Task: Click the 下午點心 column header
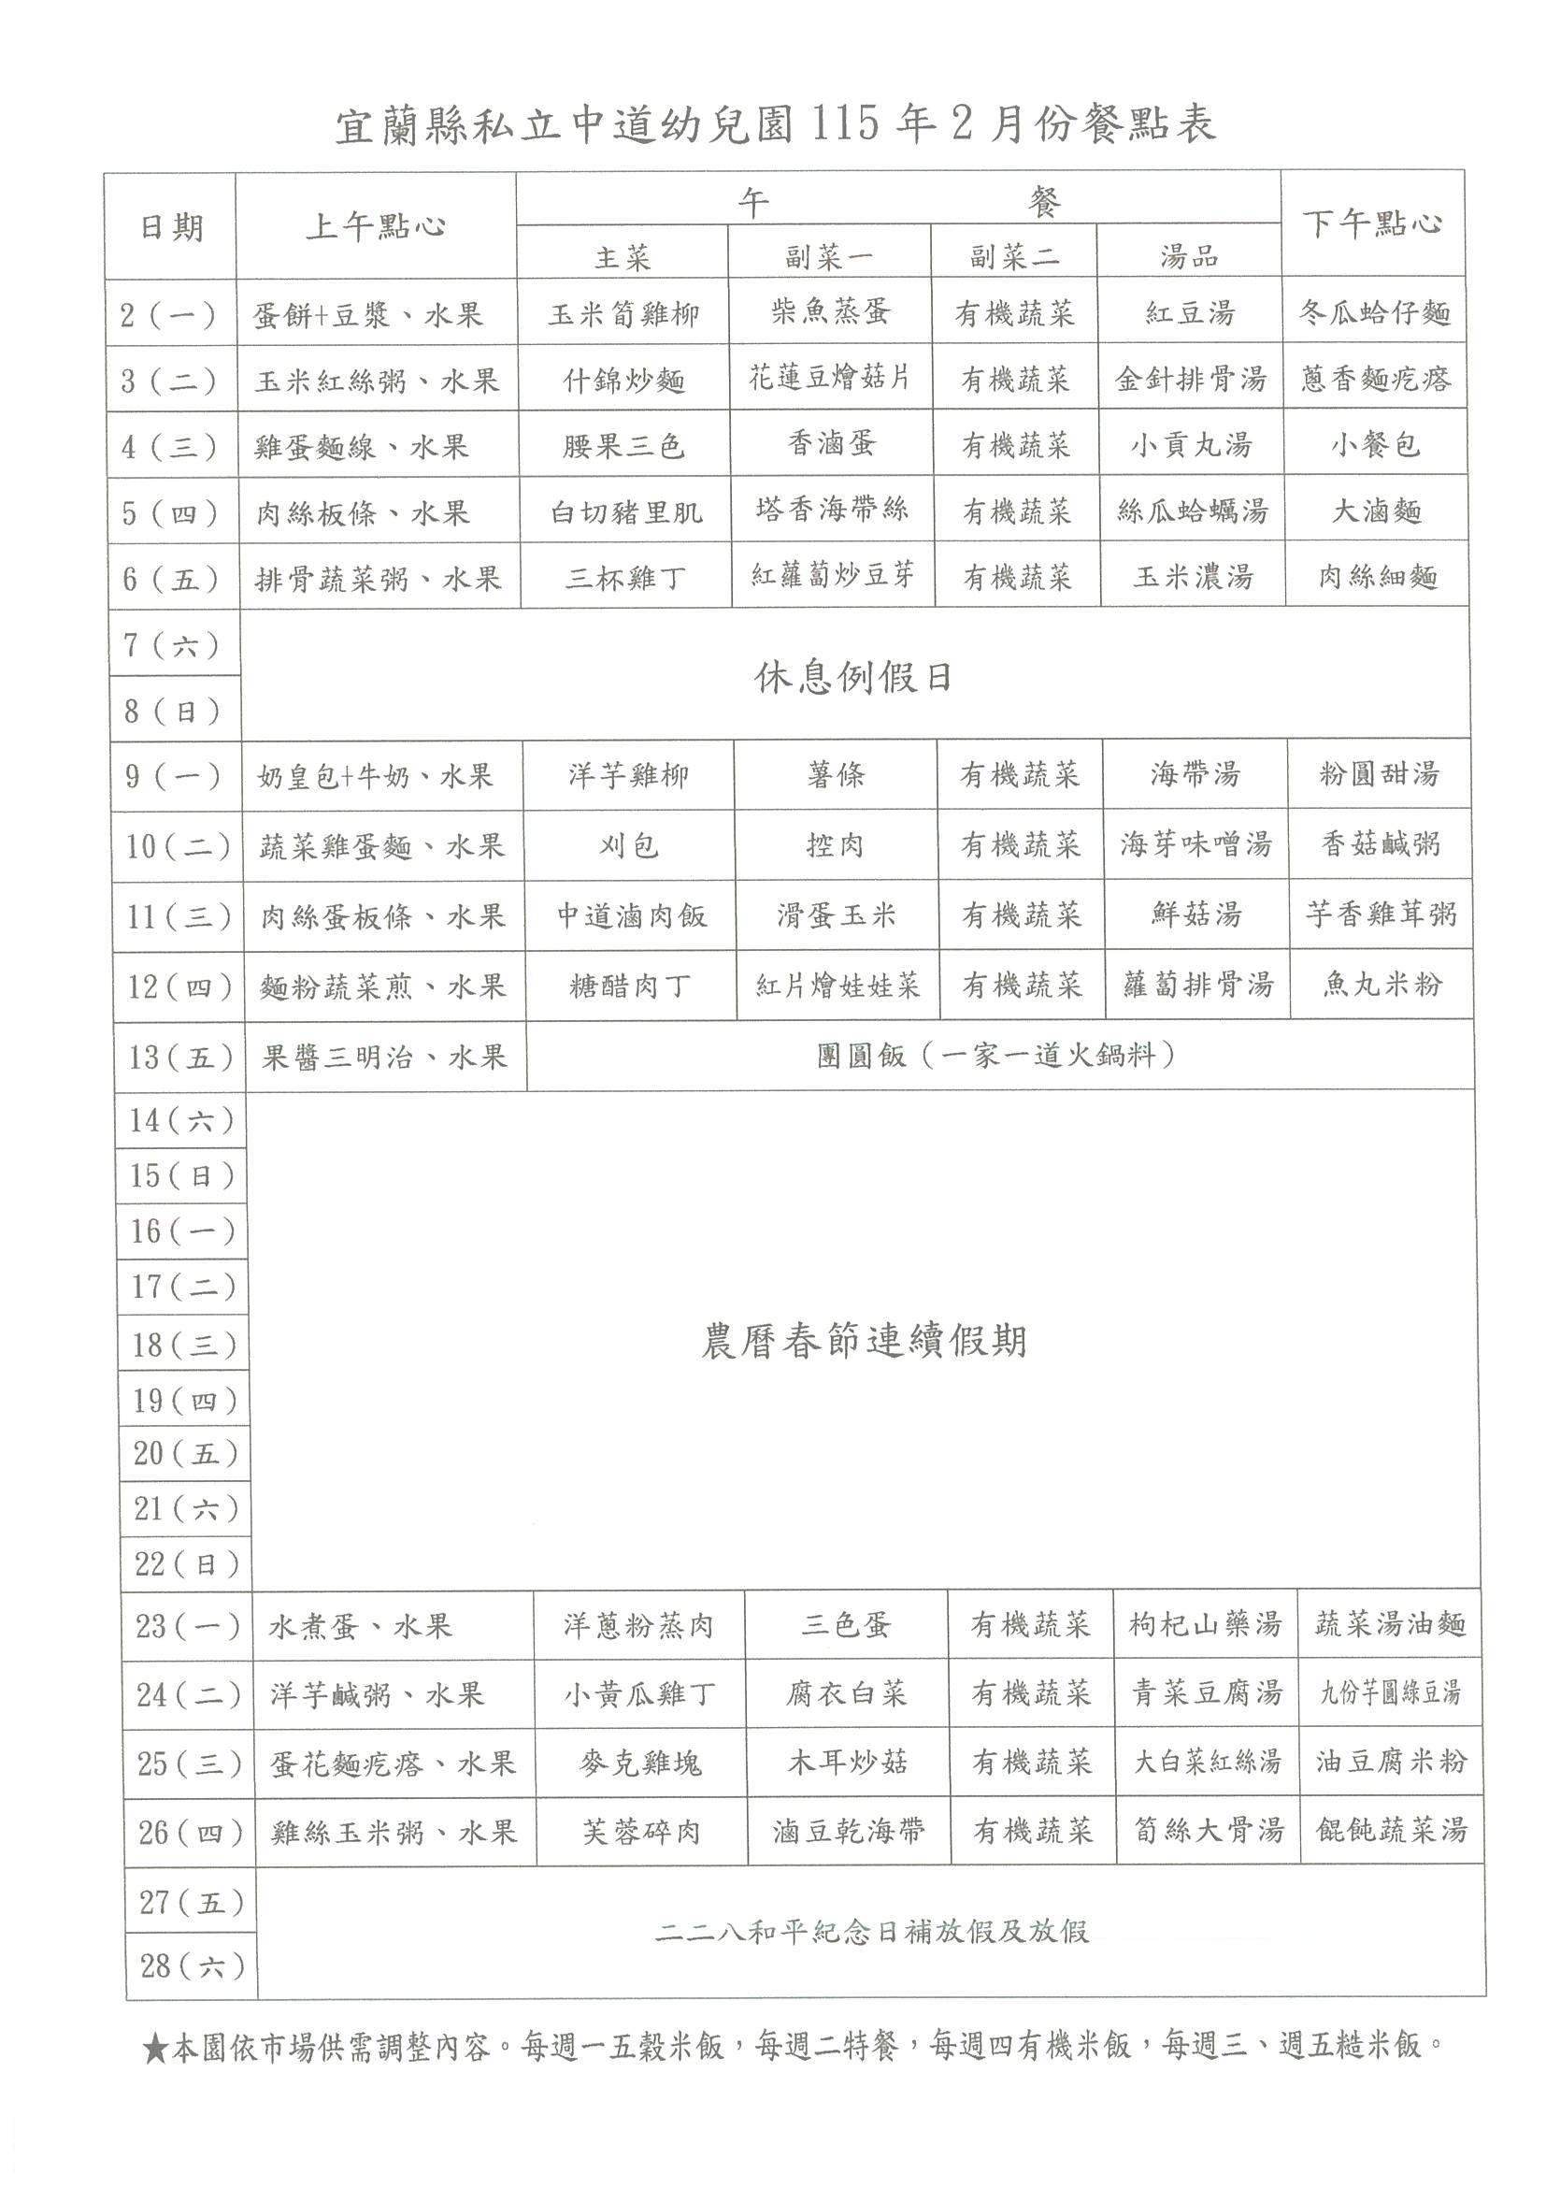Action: pos(1372,224)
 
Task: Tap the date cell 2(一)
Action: pos(168,314)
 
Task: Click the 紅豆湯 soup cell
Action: pos(1190,312)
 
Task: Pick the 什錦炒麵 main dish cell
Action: pos(624,381)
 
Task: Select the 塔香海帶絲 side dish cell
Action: pos(832,509)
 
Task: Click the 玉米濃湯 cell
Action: pos(1193,577)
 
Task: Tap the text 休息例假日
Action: pos(853,678)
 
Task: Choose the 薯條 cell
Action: pos(836,775)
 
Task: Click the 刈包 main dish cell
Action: pos(628,845)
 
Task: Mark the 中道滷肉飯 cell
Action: pos(632,915)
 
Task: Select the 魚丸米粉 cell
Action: pos(1381,985)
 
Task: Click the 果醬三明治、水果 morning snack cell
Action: pos(384,1057)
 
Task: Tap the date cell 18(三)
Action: pos(184,1345)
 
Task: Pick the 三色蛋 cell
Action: pos(845,1625)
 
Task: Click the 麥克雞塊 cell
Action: pos(640,1763)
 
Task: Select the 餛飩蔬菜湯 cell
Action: pos(1391,1831)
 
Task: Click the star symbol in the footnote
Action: pos(155,2048)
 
